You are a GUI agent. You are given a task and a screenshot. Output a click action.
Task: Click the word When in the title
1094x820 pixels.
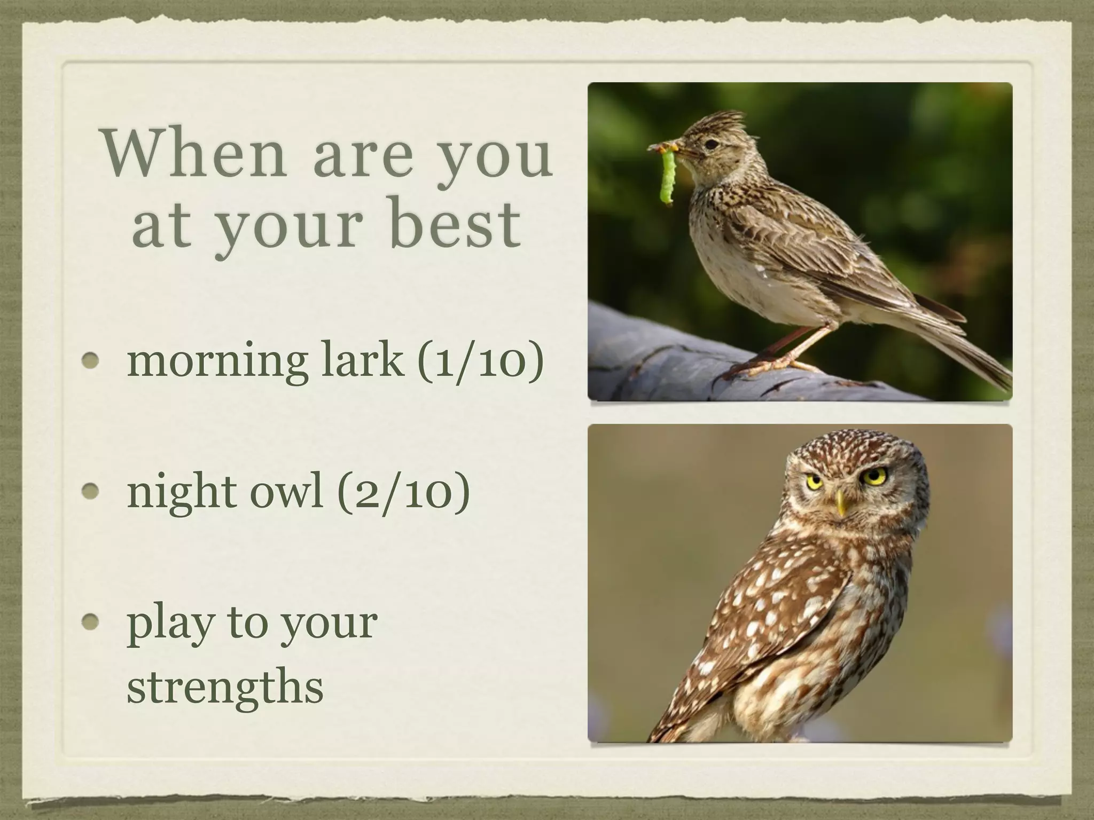tap(195, 154)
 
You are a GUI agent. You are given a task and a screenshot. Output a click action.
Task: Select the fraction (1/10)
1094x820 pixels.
tap(480, 361)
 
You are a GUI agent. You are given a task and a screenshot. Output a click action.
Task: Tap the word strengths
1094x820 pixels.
tap(225, 686)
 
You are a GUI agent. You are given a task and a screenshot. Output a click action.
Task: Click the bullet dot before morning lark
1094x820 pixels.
tap(91, 361)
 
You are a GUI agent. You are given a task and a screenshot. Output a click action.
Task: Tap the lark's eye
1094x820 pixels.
tap(710, 144)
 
